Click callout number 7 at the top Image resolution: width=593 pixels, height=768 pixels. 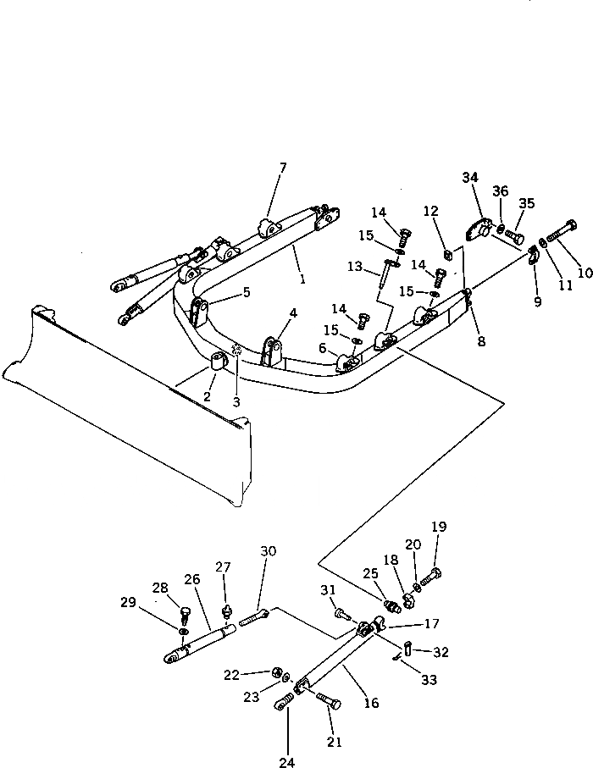point(282,168)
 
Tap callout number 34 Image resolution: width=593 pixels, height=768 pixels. point(470,177)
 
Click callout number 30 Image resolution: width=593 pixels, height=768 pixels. point(268,551)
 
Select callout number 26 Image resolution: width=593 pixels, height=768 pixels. point(191,579)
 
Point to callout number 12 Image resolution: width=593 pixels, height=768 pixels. point(431,210)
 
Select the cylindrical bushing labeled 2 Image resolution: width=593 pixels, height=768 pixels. point(219,363)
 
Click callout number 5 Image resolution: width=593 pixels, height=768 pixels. point(247,292)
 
